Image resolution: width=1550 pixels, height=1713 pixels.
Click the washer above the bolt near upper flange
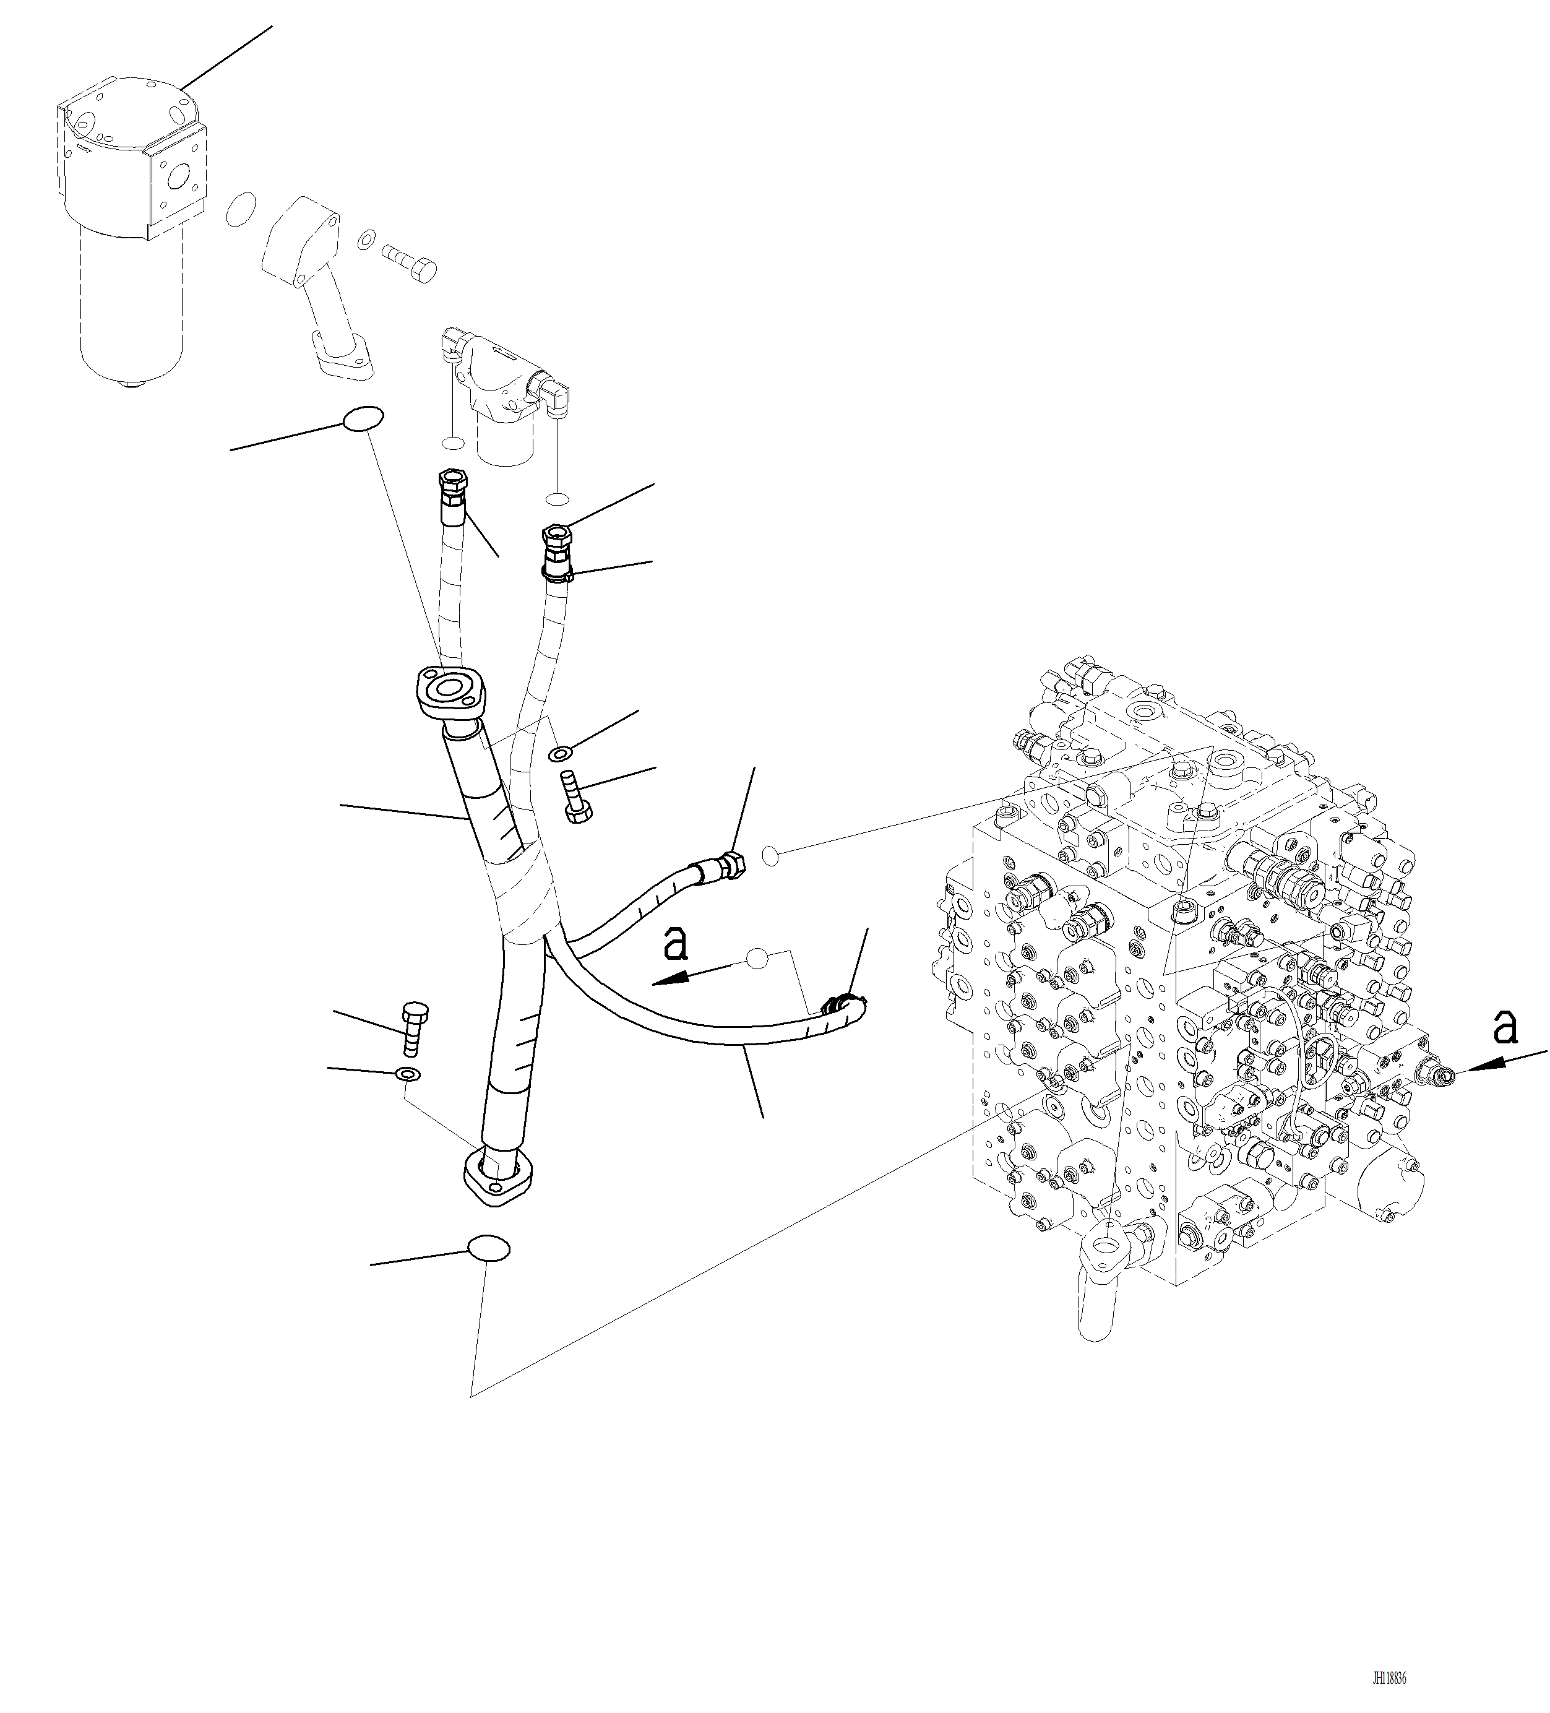click(x=560, y=752)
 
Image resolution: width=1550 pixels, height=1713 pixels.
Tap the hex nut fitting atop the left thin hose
click(x=452, y=481)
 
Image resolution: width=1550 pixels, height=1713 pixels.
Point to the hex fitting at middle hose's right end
click(x=733, y=866)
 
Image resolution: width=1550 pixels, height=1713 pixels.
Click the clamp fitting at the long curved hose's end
click(x=842, y=1005)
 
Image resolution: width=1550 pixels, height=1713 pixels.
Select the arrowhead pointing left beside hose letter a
click(x=672, y=980)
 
